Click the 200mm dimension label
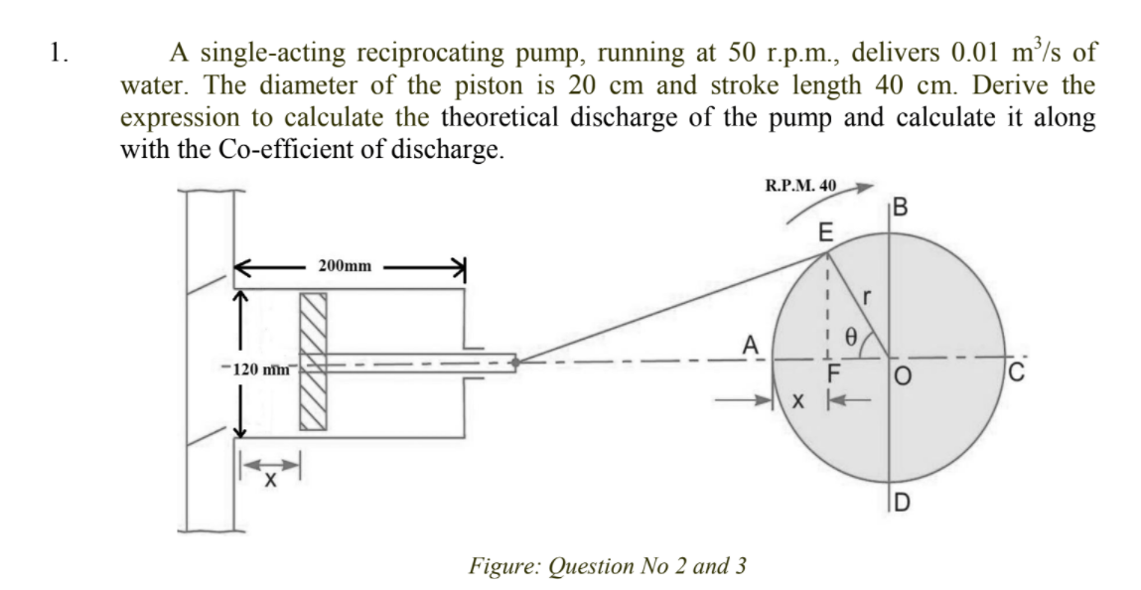tap(345, 266)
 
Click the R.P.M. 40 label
tap(800, 185)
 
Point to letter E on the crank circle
tap(823, 233)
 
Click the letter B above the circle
tap(900, 209)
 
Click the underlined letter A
tap(752, 345)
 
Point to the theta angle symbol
tap(849, 337)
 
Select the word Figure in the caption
tap(502, 566)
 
